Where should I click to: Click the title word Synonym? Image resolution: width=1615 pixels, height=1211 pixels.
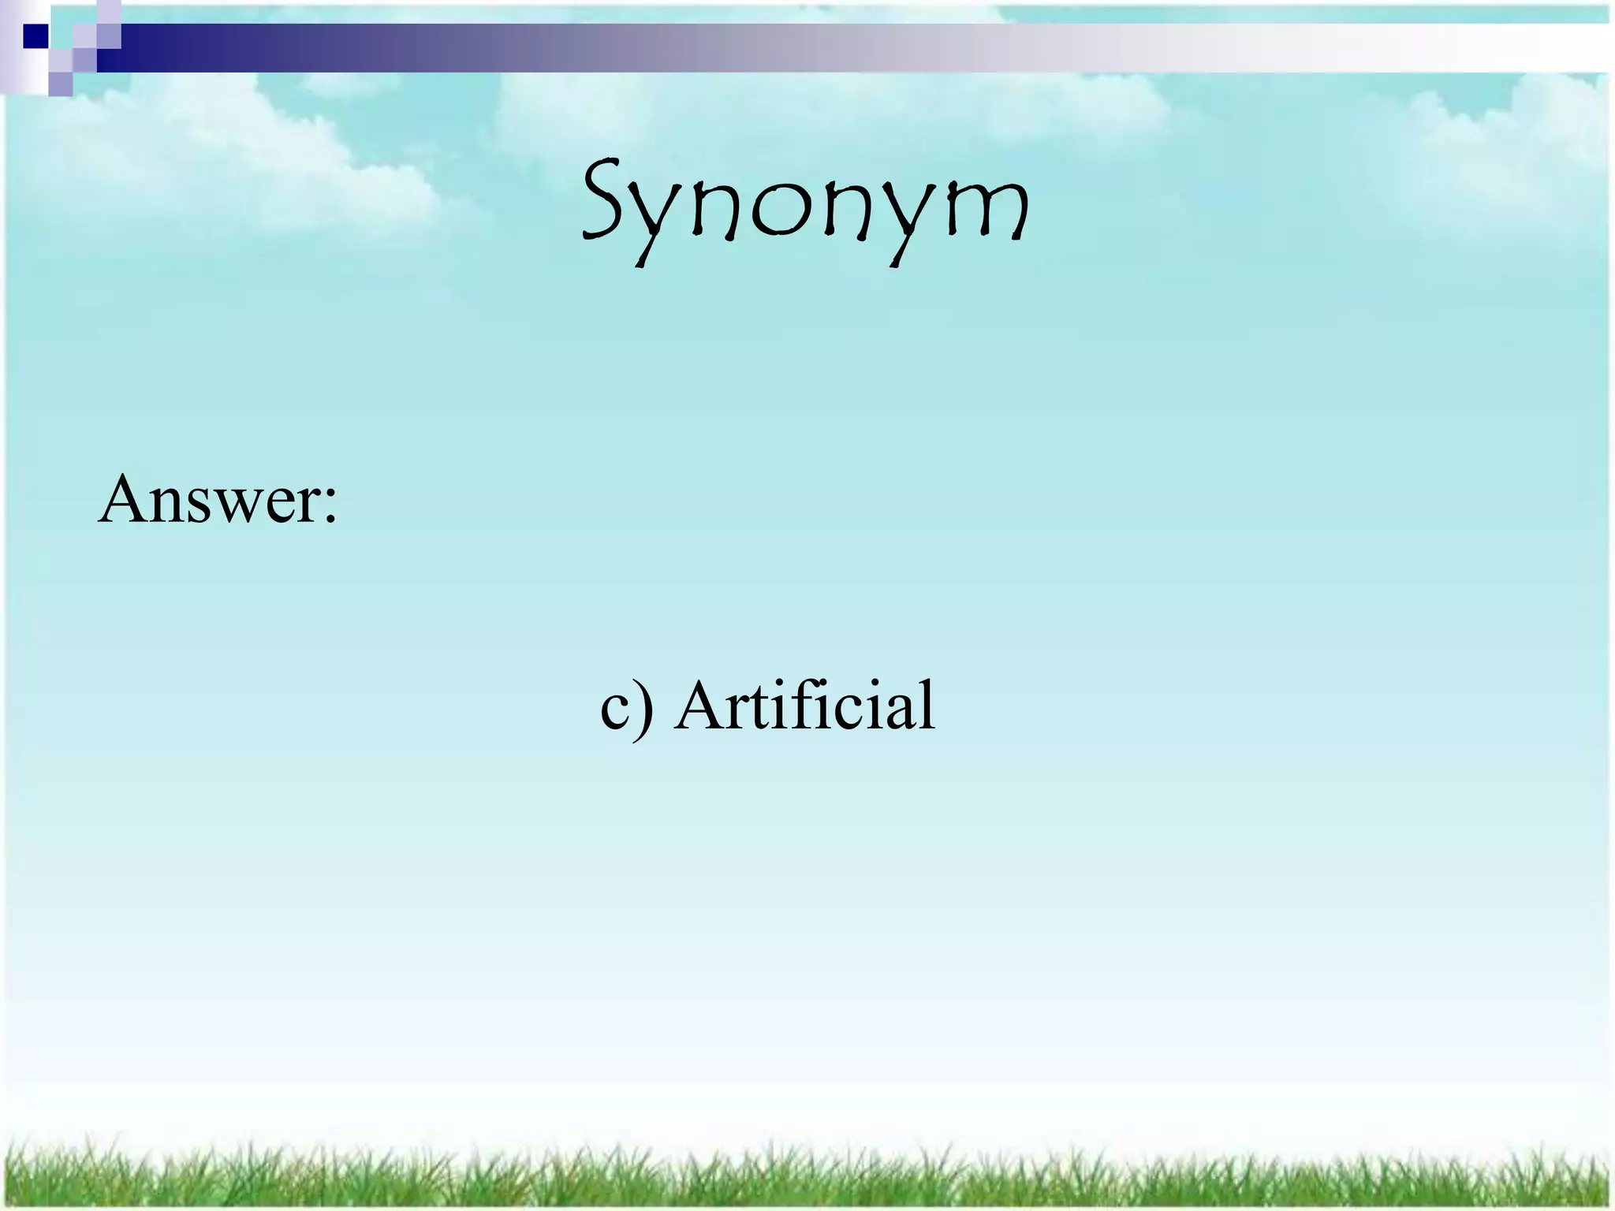pos(806,207)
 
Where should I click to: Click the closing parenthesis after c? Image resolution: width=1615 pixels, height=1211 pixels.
pos(645,707)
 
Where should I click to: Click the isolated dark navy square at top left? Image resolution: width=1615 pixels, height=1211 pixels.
pos(35,36)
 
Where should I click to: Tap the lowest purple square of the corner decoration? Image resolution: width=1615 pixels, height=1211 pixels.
pos(61,84)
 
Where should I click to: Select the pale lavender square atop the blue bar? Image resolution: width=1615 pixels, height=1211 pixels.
pos(109,12)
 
